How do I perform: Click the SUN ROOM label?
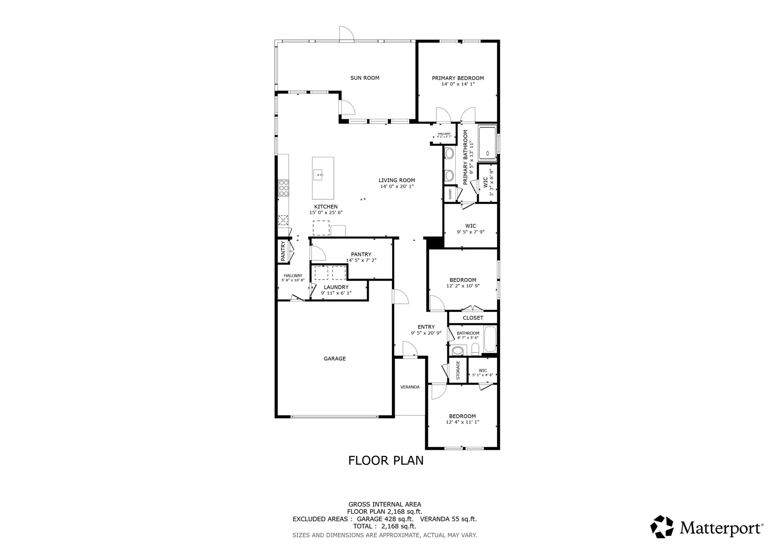[x=364, y=78]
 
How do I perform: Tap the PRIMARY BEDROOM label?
[x=458, y=78]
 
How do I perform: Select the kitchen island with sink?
[x=323, y=178]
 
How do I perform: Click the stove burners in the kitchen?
[x=283, y=188]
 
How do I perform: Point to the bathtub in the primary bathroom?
[x=487, y=143]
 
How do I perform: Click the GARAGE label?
[x=334, y=359]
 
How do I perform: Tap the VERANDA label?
[x=410, y=387]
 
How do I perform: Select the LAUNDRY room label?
[x=336, y=287]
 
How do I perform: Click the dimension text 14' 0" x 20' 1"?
[x=396, y=187]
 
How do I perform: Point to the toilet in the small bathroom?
[x=458, y=351]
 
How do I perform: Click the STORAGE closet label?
[x=458, y=370]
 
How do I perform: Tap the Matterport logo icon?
[x=662, y=527]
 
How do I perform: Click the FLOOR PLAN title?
[x=386, y=461]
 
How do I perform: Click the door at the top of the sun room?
[x=346, y=34]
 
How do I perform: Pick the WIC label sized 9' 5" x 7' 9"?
[x=471, y=226]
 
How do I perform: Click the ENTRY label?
[x=426, y=327]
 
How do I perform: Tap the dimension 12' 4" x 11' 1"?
[x=462, y=422]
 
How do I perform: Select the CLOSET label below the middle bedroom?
[x=473, y=318]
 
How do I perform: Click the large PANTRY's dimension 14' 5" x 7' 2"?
[x=361, y=261]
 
